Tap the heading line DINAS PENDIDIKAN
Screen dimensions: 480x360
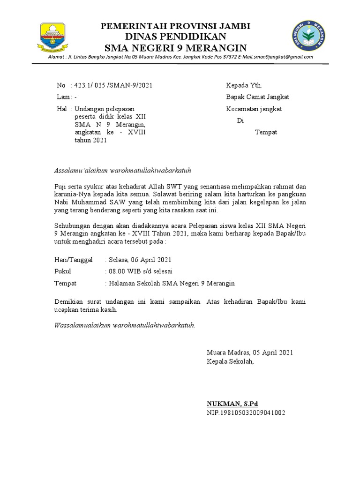pos(176,37)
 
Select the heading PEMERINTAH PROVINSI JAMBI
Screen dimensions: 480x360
pos(176,26)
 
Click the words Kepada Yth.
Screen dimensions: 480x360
pos(244,85)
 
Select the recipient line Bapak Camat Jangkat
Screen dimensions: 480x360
pos(257,97)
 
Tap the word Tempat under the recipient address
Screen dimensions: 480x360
pos(266,132)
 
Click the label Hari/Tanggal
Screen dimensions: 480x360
pos(73,260)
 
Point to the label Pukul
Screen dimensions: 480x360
pos(62,271)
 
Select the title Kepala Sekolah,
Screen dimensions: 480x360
pos(230,361)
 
